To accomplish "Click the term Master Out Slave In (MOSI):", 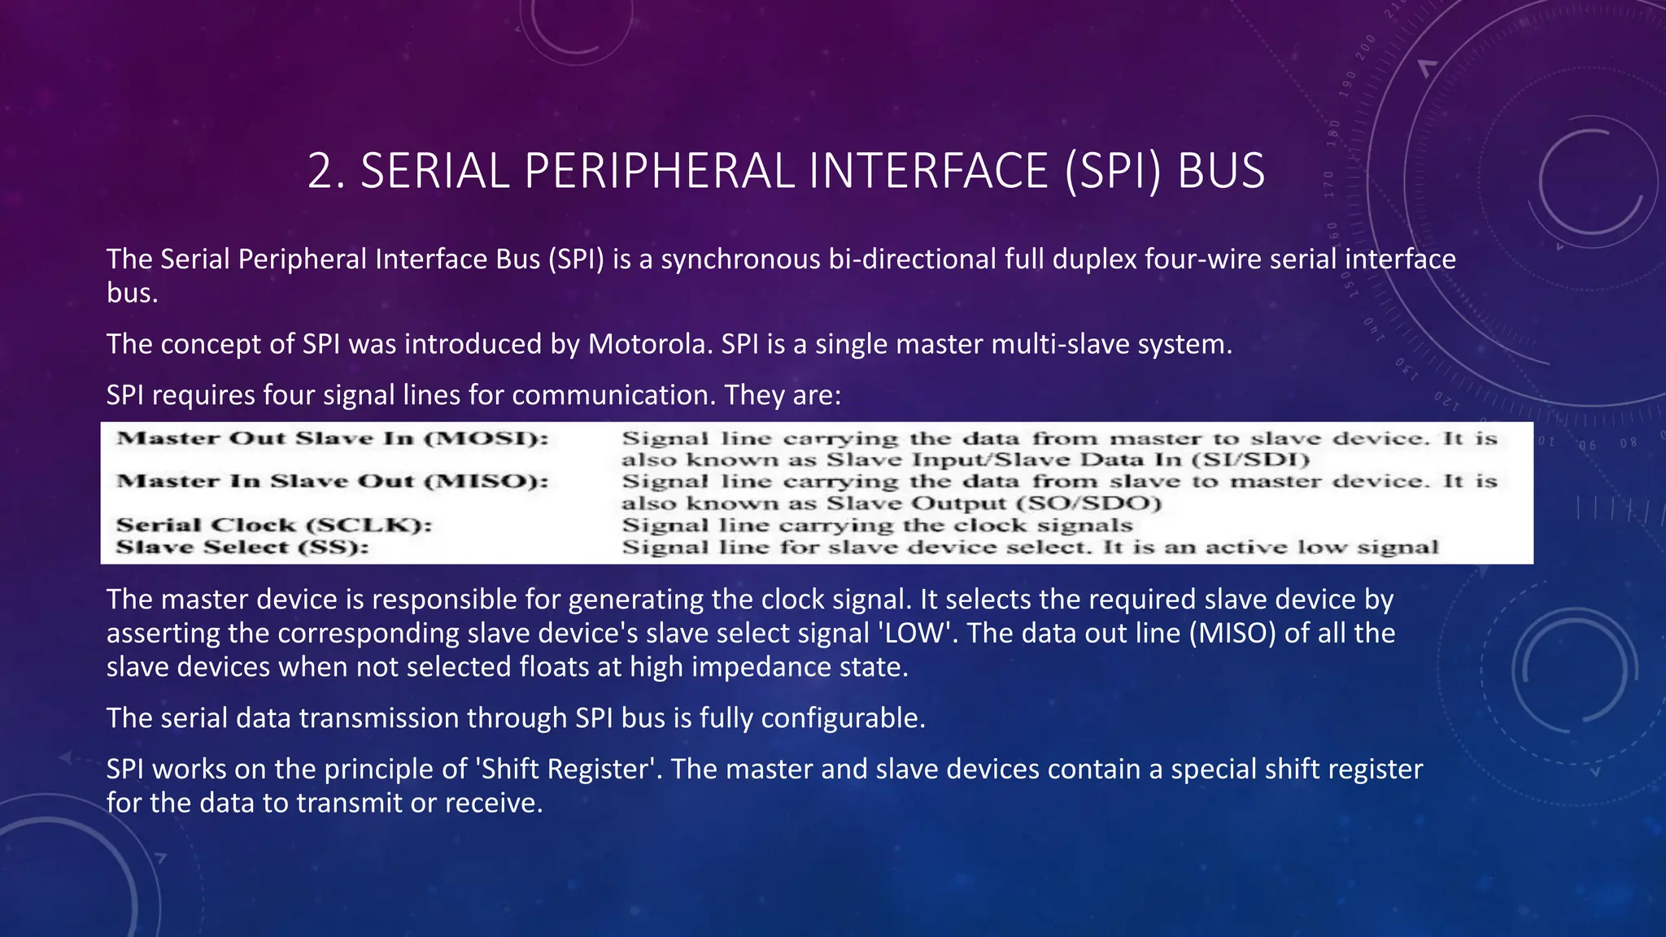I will coord(333,438).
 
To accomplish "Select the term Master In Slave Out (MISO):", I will coord(333,482).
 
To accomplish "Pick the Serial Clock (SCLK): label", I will coord(274,525).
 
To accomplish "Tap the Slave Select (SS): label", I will coord(242,547).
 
